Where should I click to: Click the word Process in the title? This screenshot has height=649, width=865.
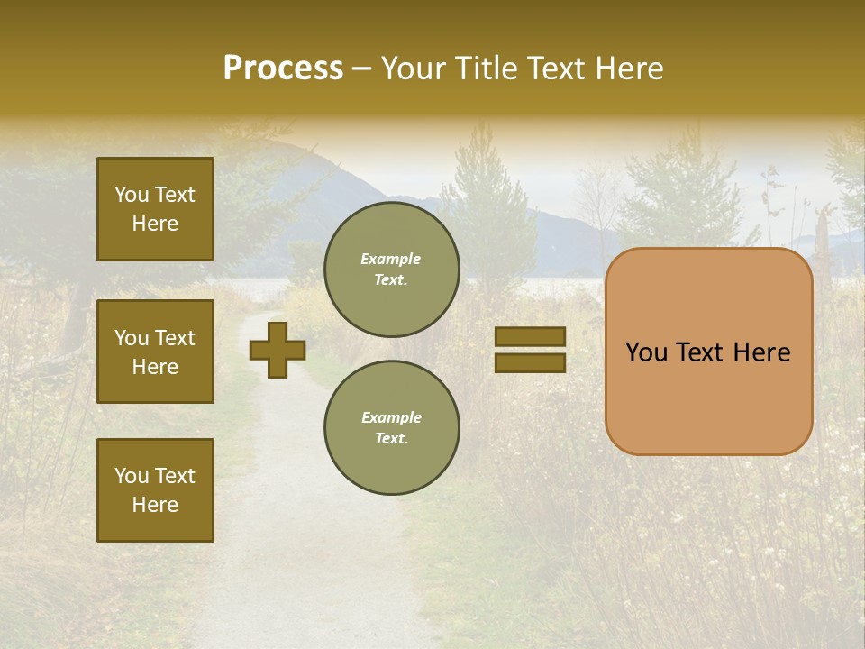pyautogui.click(x=283, y=69)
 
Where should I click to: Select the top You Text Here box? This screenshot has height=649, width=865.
pyautogui.click(x=155, y=209)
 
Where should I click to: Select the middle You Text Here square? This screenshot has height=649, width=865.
pyautogui.click(x=155, y=352)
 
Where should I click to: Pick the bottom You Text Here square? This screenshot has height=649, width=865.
pyautogui.click(x=155, y=490)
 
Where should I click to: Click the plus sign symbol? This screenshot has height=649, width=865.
pyautogui.click(x=278, y=350)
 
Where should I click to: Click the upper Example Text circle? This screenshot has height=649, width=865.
pyautogui.click(x=391, y=270)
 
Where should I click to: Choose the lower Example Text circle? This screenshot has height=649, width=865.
pyautogui.click(x=391, y=428)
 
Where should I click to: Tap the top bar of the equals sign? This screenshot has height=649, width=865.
pyautogui.click(x=530, y=336)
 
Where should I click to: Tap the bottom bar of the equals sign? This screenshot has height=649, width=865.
pyautogui.click(x=530, y=362)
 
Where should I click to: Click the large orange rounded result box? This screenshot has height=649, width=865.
pyautogui.click(x=708, y=397)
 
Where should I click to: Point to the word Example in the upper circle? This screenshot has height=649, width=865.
pyautogui.click(x=391, y=259)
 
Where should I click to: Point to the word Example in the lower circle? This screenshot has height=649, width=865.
pyautogui.click(x=391, y=417)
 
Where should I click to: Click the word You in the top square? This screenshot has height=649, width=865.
pyautogui.click(x=131, y=195)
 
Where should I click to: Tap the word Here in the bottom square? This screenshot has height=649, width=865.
pyautogui.click(x=155, y=505)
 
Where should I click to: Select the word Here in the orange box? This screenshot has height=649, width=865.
pyautogui.click(x=764, y=352)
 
